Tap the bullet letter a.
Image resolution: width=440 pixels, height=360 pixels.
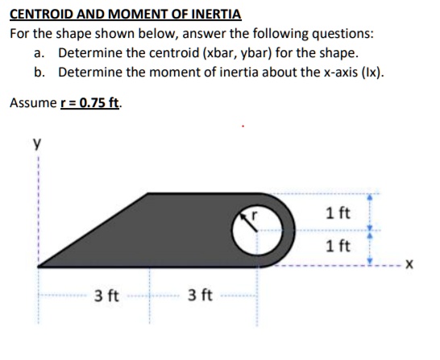click(x=39, y=53)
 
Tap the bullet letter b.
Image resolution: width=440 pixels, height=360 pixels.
click(x=39, y=72)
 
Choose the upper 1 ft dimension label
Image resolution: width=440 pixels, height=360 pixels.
click(x=338, y=213)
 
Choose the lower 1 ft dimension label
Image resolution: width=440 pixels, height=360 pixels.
click(x=338, y=246)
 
